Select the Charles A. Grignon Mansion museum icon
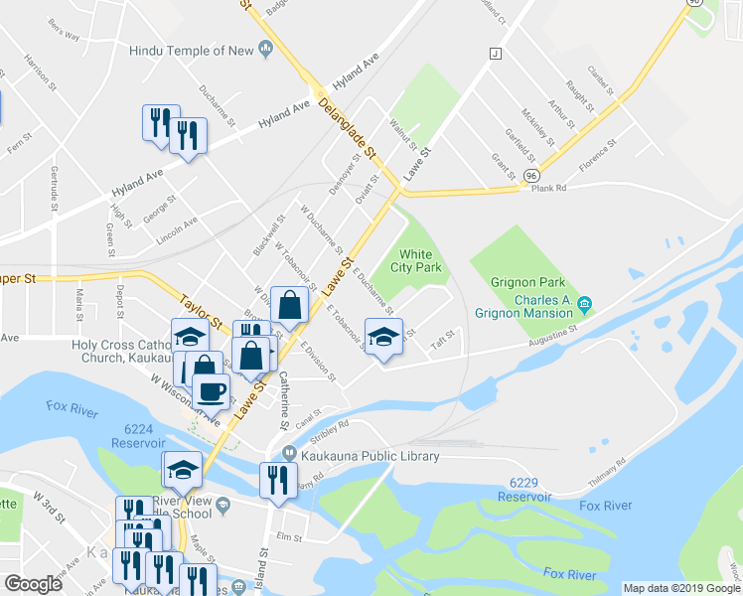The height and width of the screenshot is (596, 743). (x=585, y=303)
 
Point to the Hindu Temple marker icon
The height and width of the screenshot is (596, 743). (x=265, y=48)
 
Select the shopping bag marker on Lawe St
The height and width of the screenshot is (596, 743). (x=288, y=307)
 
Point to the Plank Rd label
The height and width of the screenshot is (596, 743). (x=548, y=188)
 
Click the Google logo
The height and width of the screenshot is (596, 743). (x=33, y=583)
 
